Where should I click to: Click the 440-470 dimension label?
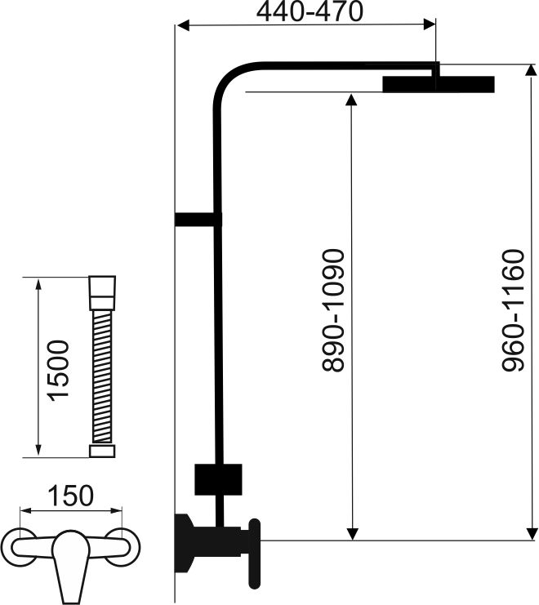(x=310, y=11)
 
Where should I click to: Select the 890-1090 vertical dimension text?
(x=332, y=310)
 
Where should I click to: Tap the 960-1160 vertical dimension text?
(x=513, y=310)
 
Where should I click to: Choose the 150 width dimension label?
(x=70, y=496)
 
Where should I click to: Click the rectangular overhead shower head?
(x=439, y=84)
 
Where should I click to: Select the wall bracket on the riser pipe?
(x=198, y=220)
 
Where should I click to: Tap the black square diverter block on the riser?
(x=218, y=479)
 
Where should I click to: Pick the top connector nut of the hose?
(x=102, y=293)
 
